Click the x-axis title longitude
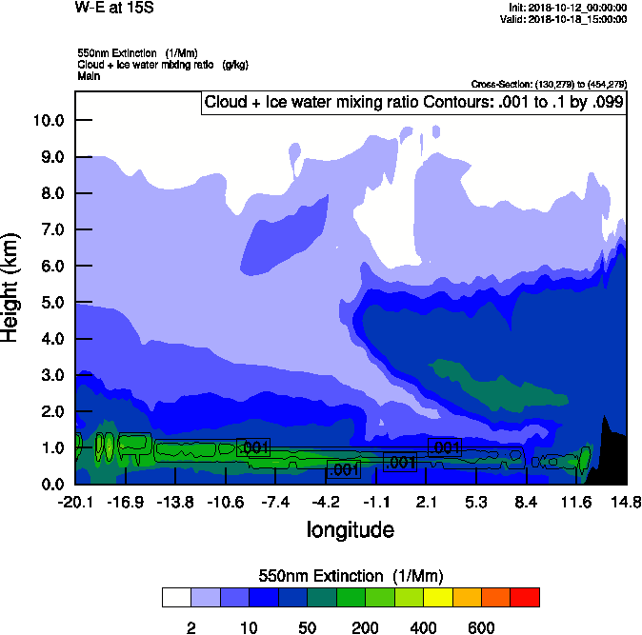point(350,529)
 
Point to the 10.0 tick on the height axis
point(48,121)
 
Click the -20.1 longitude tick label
point(74,502)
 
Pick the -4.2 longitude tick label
point(326,502)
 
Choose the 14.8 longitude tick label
point(626,502)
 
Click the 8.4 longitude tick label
point(526,502)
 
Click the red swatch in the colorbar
point(525,598)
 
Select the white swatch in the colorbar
point(177,598)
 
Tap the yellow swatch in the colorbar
point(438,598)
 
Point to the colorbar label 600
point(481,627)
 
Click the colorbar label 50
point(308,627)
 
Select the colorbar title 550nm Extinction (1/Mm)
point(351,576)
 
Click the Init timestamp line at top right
point(568,8)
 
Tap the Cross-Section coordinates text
point(549,85)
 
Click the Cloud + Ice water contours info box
point(413,103)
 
